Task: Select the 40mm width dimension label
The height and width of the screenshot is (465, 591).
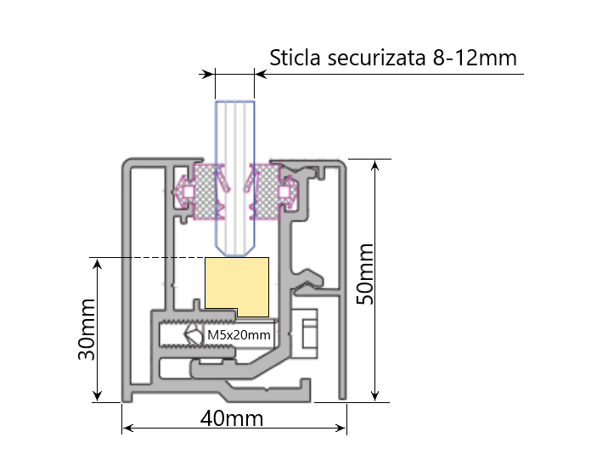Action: pyautogui.click(x=232, y=418)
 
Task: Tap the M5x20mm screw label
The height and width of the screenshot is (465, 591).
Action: pyautogui.click(x=239, y=336)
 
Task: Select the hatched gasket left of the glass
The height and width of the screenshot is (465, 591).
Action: pyautogui.click(x=205, y=191)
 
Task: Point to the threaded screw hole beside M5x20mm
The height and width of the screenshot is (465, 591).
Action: pyautogui.click(x=181, y=336)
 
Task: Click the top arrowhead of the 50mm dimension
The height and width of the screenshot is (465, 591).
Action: pyautogui.click(x=374, y=165)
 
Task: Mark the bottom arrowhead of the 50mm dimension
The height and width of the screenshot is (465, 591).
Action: pyautogui.click(x=374, y=396)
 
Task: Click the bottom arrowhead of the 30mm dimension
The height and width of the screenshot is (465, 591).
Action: pyautogui.click(x=98, y=395)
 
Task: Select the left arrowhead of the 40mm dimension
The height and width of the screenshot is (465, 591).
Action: pyautogui.click(x=128, y=429)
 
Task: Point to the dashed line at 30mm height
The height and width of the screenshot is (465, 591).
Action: pyautogui.click(x=149, y=257)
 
